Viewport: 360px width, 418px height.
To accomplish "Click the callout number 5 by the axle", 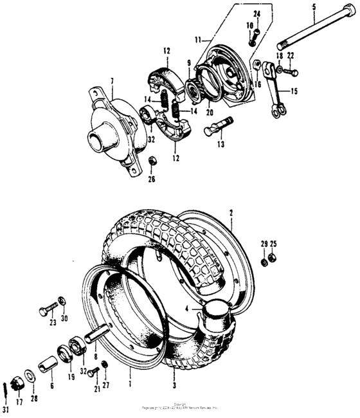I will (x=314, y=7).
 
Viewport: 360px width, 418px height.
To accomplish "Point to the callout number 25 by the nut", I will (x=274, y=245).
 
